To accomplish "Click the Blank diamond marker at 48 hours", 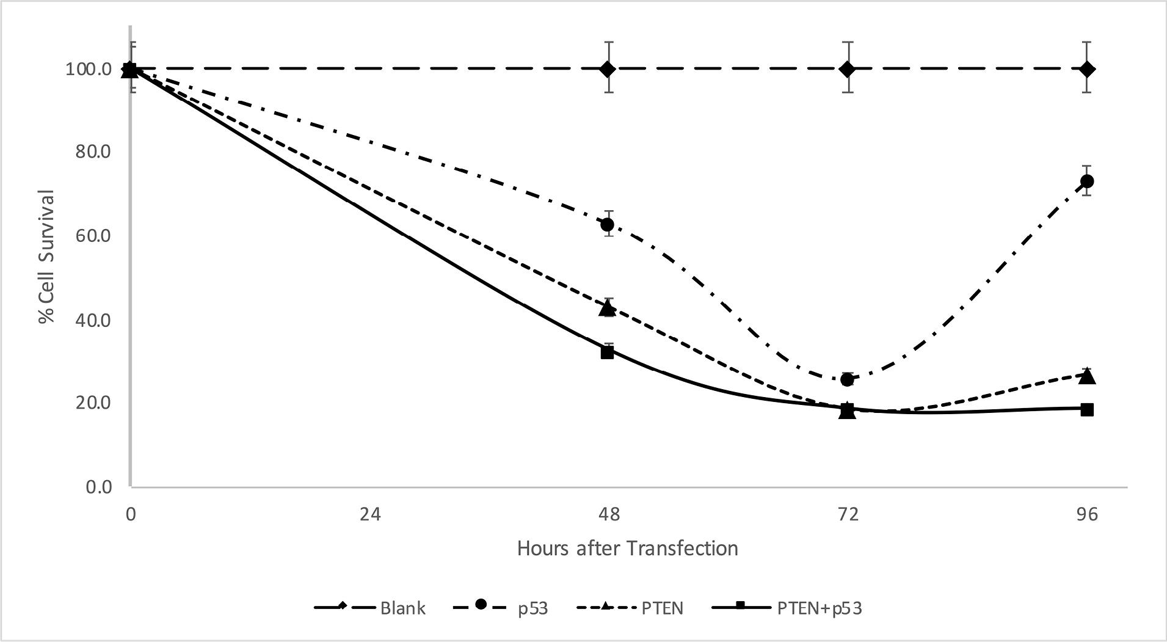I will pyautogui.click(x=607, y=69).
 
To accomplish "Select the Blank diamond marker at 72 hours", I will pyautogui.click(x=847, y=69).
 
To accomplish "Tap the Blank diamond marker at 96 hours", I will pyautogui.click(x=1086, y=69).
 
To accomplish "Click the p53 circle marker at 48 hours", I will pyautogui.click(x=607, y=225).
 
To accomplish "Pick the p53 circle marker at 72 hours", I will pyautogui.click(x=847, y=379).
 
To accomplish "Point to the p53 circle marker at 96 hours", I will pyautogui.click(x=1086, y=181).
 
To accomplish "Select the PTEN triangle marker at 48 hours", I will pyautogui.click(x=607, y=308).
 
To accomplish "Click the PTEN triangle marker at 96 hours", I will pyautogui.click(x=1086, y=376).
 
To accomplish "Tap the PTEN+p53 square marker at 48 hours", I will pyautogui.click(x=607, y=352).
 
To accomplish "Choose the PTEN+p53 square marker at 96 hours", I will pyautogui.click(x=1086, y=409).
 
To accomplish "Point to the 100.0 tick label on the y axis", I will pyautogui.click(x=89, y=69).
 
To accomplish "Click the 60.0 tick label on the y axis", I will pyautogui.click(x=93, y=236).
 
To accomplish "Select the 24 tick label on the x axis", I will pyautogui.click(x=369, y=514).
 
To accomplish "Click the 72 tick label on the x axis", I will pyautogui.click(x=847, y=514).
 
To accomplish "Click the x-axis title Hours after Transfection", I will pyautogui.click(x=627, y=549).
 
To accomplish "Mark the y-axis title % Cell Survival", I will pyautogui.click(x=47, y=257).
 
